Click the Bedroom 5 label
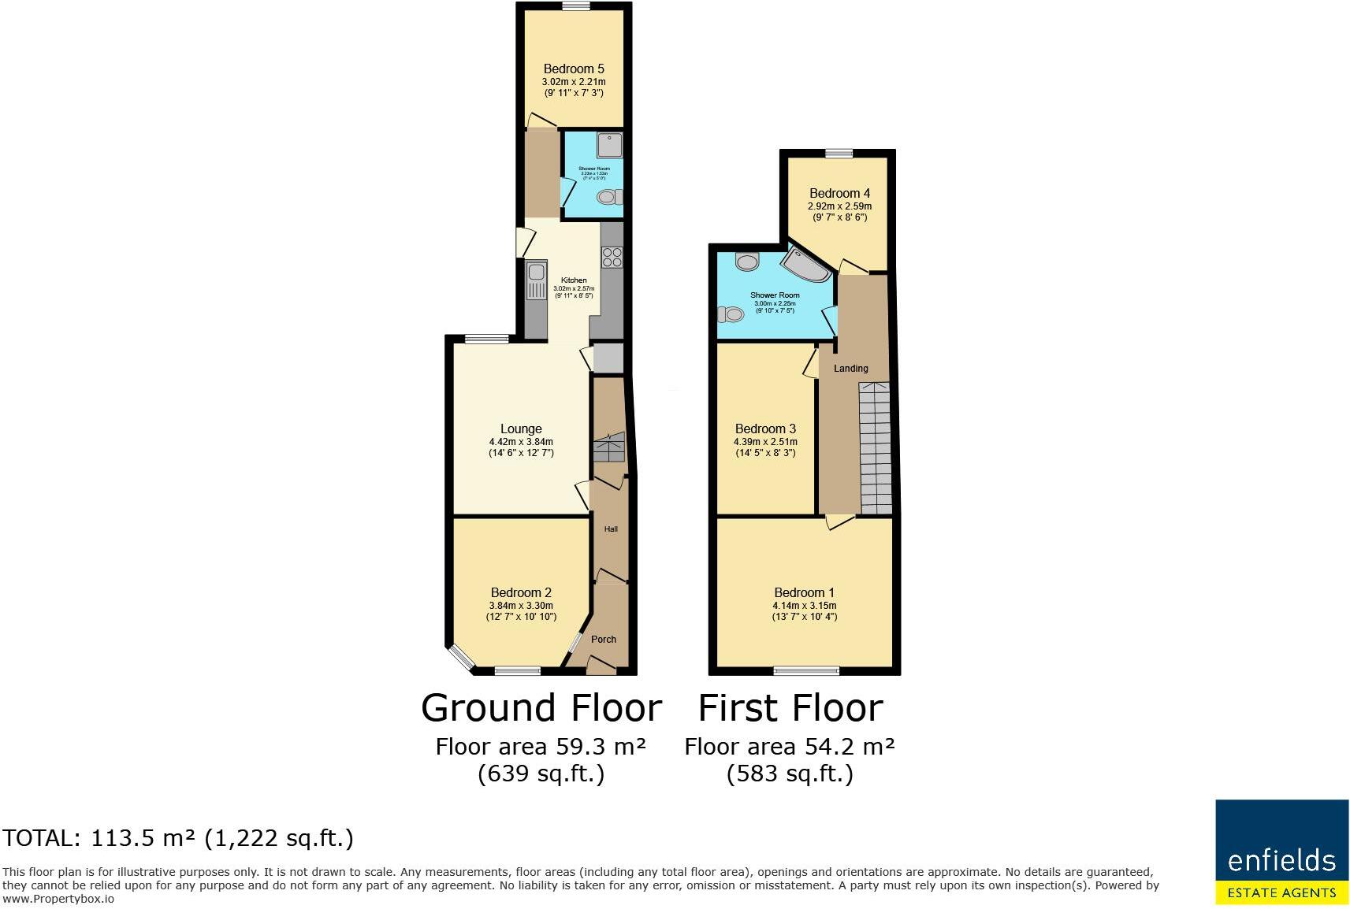(574, 69)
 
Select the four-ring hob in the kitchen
(612, 258)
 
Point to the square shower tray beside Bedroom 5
(609, 145)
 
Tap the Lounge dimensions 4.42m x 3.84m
(521, 442)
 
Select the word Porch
(604, 639)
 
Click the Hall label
(611, 529)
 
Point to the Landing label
(850, 369)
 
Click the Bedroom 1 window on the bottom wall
(806, 671)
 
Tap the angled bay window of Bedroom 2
(460, 658)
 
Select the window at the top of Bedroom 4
(840, 154)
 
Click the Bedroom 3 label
(765, 429)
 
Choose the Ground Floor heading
(541, 707)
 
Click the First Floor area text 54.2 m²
(789, 746)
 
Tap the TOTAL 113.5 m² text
(178, 837)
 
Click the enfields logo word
(1281, 859)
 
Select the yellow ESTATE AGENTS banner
(1281, 892)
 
